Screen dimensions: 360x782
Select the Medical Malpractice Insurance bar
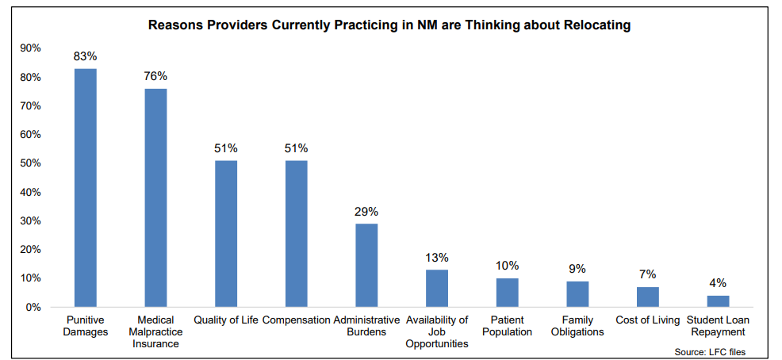point(155,197)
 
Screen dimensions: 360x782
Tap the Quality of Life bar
point(226,233)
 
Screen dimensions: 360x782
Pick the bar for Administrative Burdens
point(366,265)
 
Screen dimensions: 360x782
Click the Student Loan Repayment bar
point(718,301)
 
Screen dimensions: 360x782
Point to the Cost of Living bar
point(648,297)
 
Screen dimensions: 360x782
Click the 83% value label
point(86,56)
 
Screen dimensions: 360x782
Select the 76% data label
point(155,76)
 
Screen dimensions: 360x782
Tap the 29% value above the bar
point(366,212)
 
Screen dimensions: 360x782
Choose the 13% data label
point(437,258)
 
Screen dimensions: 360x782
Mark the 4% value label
point(718,283)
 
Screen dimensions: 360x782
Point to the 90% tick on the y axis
point(30,48)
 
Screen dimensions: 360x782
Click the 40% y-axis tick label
point(30,192)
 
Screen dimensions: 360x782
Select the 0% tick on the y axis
point(33,307)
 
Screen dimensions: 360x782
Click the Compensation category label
point(296,320)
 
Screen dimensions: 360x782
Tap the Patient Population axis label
point(507,326)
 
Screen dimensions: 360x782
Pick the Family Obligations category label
point(577,326)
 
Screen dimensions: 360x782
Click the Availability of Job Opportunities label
point(437,331)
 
